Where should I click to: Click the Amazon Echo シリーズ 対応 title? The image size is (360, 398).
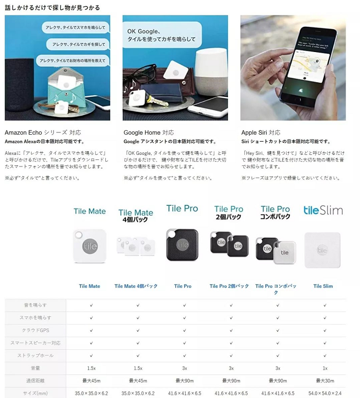tap(36, 132)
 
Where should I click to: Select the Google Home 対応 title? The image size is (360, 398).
tap(148, 132)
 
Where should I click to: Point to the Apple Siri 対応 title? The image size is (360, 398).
tap(261, 132)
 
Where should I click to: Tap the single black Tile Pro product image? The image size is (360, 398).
tap(182, 245)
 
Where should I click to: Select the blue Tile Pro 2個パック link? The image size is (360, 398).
tap(229, 286)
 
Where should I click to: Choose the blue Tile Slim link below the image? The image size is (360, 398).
tap(323, 286)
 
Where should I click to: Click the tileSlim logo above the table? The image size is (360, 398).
tap(323, 210)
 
